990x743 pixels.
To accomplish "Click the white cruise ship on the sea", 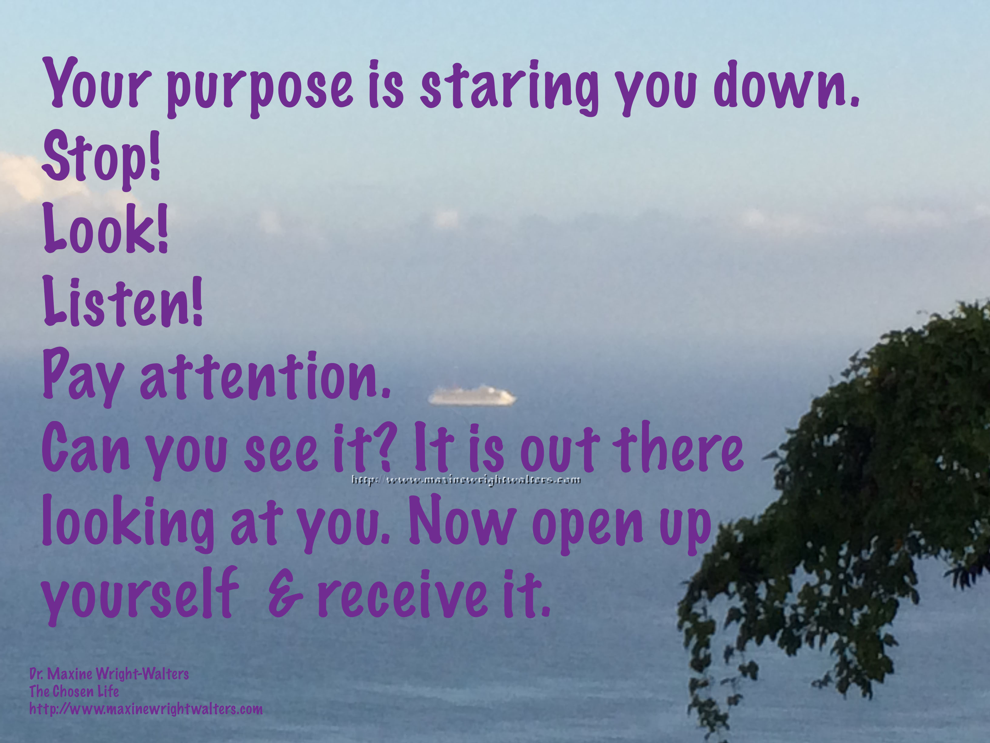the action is (472, 396).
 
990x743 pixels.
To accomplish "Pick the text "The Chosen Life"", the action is (74, 691).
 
